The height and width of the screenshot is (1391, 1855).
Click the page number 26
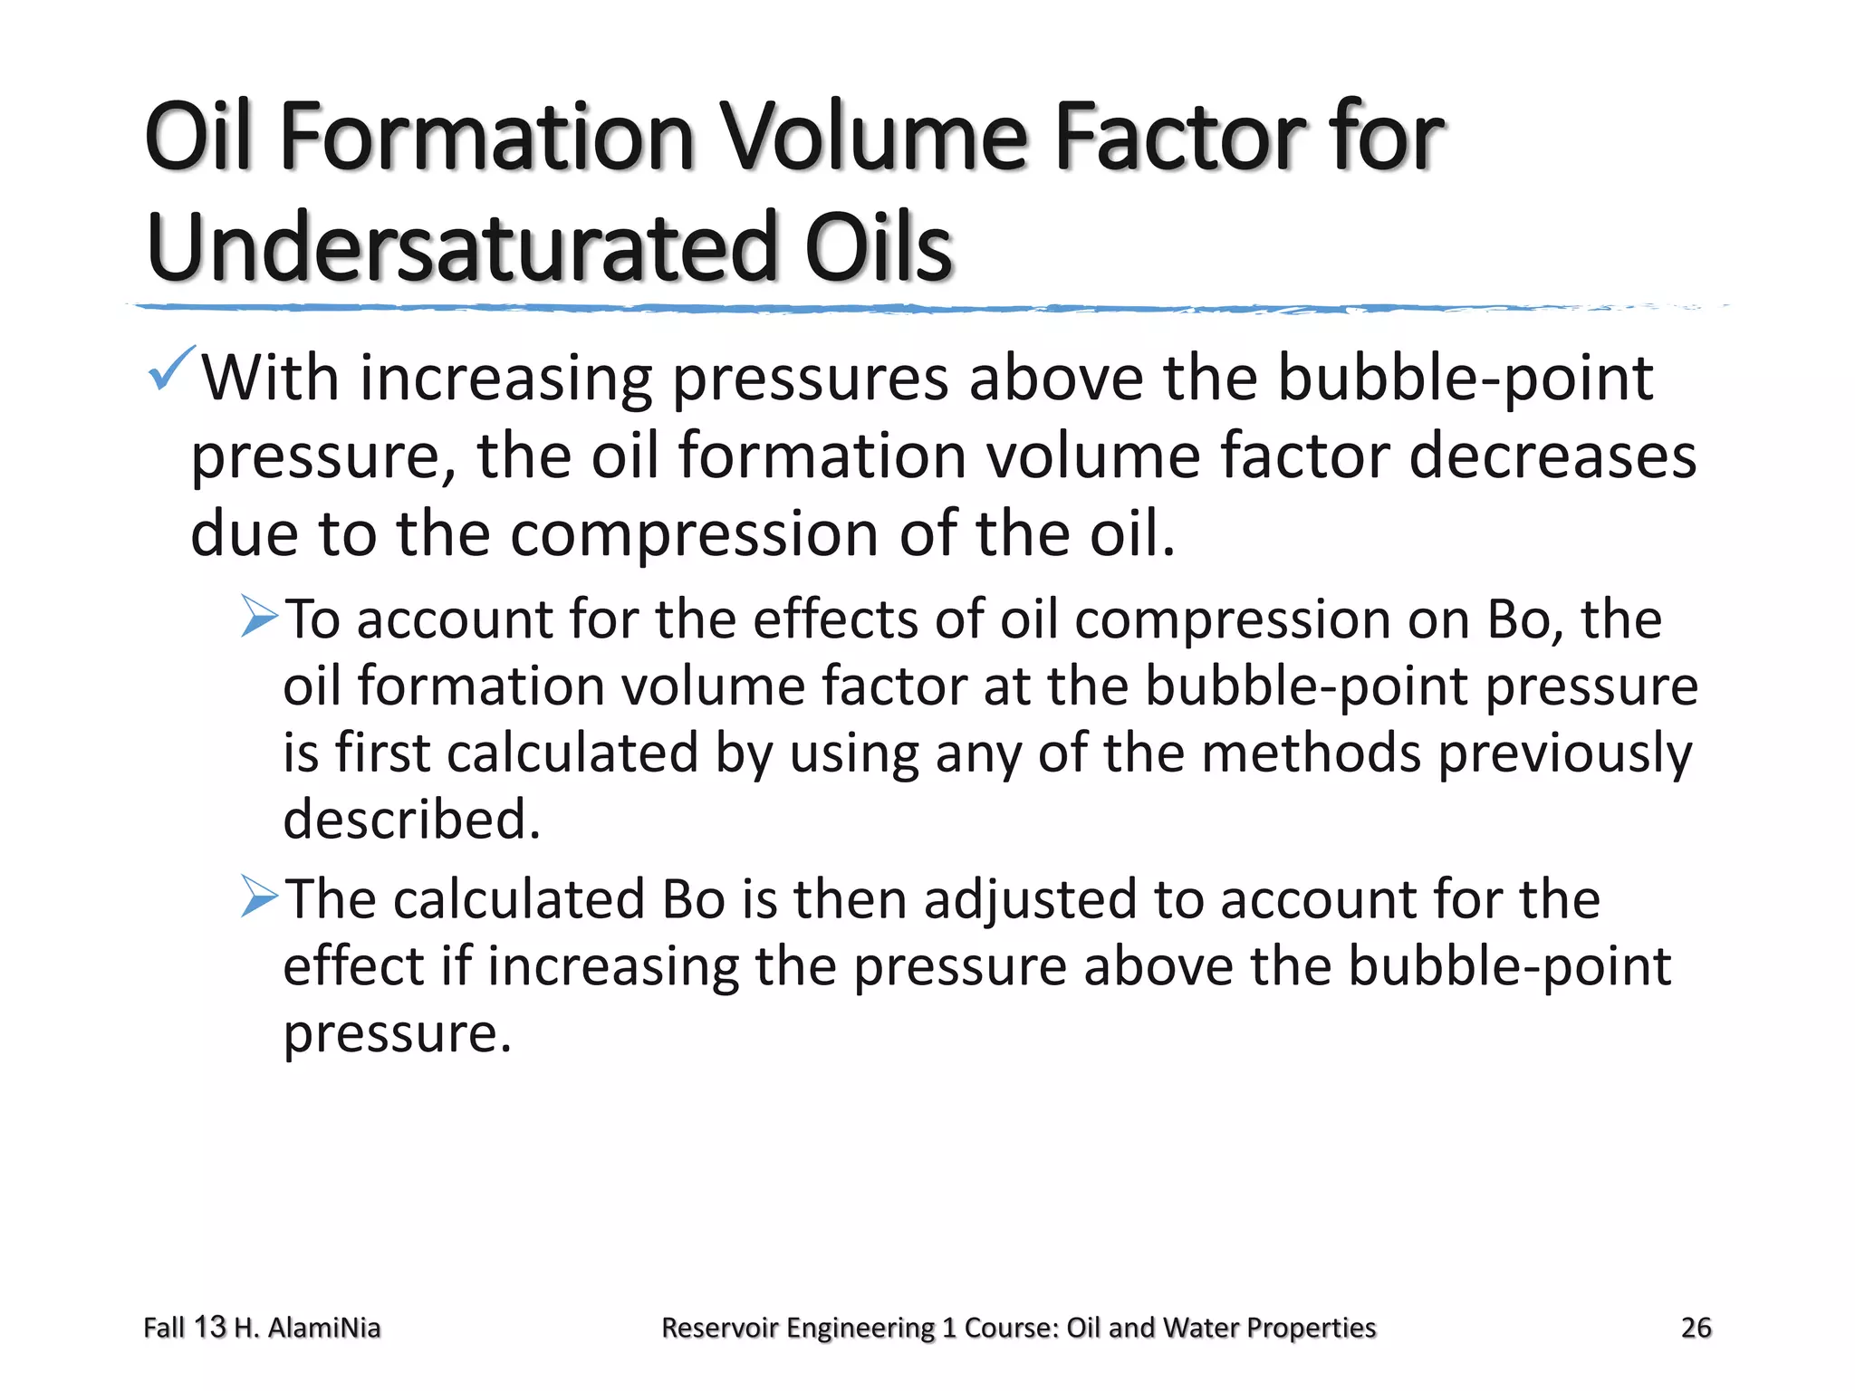tap(1696, 1328)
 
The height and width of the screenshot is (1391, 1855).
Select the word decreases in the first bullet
tap(1552, 456)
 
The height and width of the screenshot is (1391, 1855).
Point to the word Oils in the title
tap(879, 247)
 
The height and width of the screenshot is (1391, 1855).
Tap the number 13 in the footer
tap(209, 1328)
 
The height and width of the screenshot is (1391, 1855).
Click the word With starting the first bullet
tap(270, 378)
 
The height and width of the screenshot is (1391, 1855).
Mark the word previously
tap(1564, 754)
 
